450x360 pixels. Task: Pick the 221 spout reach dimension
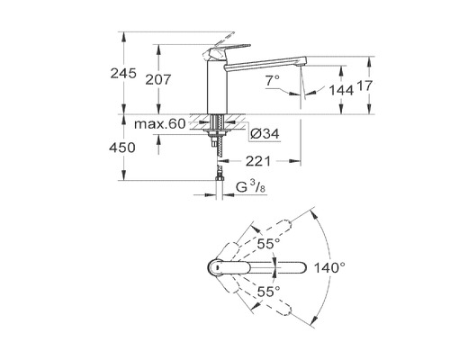tap(260, 163)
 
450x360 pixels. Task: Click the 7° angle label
tap(273, 81)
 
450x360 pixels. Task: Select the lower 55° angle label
tap(268, 292)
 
